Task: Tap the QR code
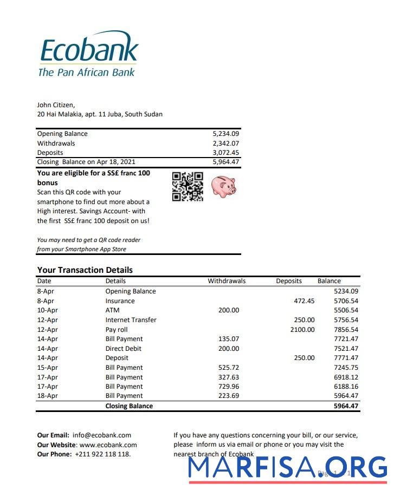(x=188, y=187)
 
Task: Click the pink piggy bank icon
(x=224, y=187)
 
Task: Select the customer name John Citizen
(x=56, y=105)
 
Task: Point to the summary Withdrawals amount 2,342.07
(x=226, y=143)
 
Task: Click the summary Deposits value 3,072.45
(x=226, y=153)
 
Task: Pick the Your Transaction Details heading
(x=85, y=270)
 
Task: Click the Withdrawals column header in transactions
(x=227, y=281)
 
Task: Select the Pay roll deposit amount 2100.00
(x=302, y=330)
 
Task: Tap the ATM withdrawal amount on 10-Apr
(x=228, y=310)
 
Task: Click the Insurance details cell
(x=120, y=301)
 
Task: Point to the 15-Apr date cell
(x=47, y=368)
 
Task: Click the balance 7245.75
(x=346, y=368)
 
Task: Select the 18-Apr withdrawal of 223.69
(x=228, y=396)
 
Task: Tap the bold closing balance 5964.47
(x=346, y=406)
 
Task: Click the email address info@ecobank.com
(x=102, y=435)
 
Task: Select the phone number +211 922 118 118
(x=102, y=454)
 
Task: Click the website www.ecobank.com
(x=108, y=444)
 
